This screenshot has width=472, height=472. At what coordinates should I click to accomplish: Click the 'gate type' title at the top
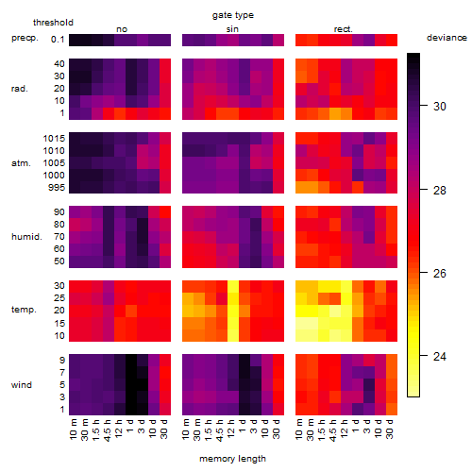click(233, 15)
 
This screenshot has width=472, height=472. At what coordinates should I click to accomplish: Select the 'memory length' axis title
click(232, 459)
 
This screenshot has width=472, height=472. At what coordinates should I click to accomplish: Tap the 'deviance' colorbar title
click(447, 38)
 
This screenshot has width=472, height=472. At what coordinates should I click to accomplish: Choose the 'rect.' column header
click(344, 29)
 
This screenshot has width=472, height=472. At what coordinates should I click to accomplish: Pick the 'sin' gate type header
click(232, 29)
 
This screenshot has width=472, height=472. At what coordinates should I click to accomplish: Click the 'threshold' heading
click(53, 23)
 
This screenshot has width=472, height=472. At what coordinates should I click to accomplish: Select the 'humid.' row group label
click(26, 237)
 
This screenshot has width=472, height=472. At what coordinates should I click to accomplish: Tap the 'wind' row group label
click(22, 385)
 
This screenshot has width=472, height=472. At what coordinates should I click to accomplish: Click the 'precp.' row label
click(25, 38)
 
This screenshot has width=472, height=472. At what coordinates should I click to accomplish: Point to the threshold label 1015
click(54, 139)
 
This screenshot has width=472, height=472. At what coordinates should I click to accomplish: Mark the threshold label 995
click(57, 188)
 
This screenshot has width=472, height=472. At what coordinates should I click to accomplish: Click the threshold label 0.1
click(58, 40)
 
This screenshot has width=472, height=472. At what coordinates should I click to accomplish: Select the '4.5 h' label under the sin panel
click(221, 430)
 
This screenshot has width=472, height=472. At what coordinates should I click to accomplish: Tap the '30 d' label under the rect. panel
click(391, 430)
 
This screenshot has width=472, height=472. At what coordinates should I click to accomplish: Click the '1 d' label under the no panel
click(130, 427)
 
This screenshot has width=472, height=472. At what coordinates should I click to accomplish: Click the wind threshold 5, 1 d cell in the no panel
click(131, 384)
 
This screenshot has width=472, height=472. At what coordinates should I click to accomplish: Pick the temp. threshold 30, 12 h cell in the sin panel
click(233, 286)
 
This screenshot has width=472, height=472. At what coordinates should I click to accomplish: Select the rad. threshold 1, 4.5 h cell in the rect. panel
click(335, 113)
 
